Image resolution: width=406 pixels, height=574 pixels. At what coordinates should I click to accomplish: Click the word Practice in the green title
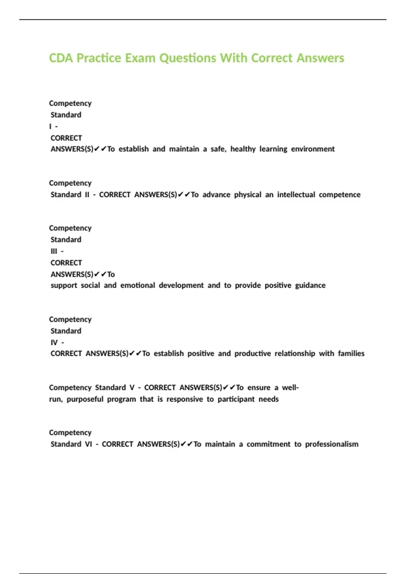point(99,58)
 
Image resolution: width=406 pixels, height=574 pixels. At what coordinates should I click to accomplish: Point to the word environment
point(313,149)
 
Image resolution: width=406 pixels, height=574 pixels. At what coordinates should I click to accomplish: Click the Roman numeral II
point(87,194)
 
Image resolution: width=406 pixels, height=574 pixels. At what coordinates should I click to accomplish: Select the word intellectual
point(296,194)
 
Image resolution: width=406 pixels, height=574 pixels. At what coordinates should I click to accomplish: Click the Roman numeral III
point(54,251)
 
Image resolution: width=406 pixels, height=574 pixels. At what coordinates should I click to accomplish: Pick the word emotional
point(138,285)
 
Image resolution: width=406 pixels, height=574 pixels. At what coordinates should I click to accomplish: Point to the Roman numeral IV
point(54,342)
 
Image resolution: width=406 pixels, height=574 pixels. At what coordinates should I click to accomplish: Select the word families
point(351,354)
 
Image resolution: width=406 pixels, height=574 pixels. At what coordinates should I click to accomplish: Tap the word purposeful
point(85,399)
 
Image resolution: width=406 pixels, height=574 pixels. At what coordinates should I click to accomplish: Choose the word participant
point(236,399)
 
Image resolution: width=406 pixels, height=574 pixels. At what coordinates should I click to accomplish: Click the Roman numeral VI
point(88,444)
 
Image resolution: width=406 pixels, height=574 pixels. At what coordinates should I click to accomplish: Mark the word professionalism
point(332,444)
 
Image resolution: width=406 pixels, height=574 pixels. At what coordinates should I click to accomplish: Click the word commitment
point(268,444)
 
